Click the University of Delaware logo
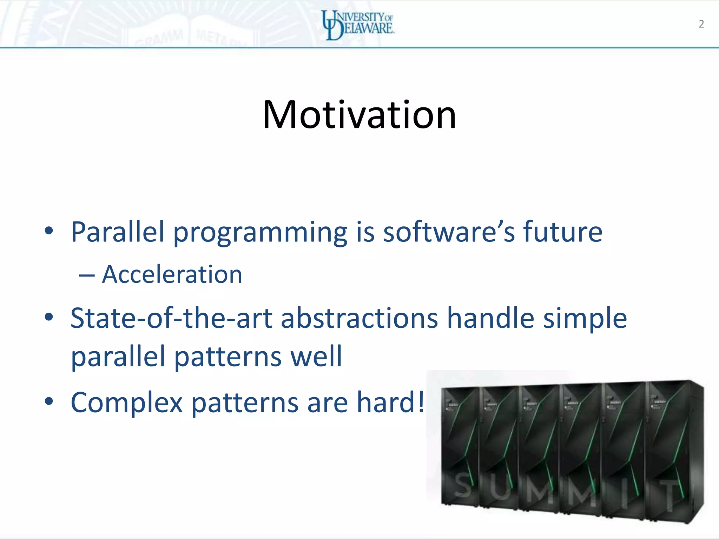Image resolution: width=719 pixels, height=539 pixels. [358, 25]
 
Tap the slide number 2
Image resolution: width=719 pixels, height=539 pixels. [701, 24]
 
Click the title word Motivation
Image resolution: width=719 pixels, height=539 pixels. [359, 115]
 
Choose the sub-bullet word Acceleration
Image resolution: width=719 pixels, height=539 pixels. [172, 274]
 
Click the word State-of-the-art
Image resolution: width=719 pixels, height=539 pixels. [171, 318]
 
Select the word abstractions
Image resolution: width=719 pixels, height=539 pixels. [359, 318]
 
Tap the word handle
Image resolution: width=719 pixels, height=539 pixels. [490, 318]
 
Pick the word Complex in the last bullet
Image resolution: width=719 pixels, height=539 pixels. [127, 403]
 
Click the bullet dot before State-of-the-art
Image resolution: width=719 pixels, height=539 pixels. [49, 317]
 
